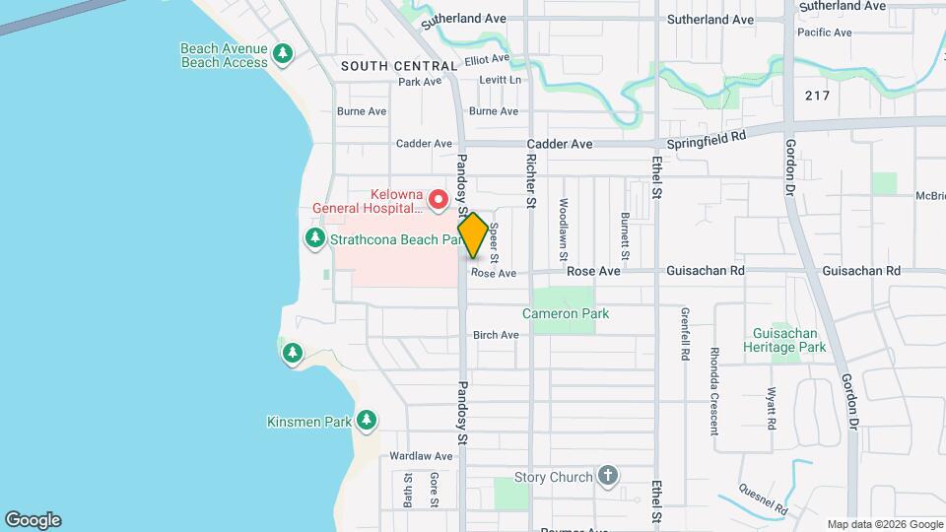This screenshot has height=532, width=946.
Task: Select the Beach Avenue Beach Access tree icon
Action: [x=284, y=53]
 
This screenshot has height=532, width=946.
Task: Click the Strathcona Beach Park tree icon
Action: [x=315, y=237]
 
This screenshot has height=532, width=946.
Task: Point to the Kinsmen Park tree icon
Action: [x=367, y=422]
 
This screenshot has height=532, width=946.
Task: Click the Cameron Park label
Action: [x=566, y=313]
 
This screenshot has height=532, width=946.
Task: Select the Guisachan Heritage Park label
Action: [x=788, y=340]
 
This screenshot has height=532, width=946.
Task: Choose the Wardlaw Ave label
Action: [x=420, y=456]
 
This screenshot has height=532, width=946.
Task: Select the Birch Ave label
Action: [x=496, y=335]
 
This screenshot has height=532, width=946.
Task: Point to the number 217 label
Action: [x=817, y=96]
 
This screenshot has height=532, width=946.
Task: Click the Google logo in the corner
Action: [x=33, y=520]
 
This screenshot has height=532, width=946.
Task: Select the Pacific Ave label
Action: [x=825, y=33]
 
